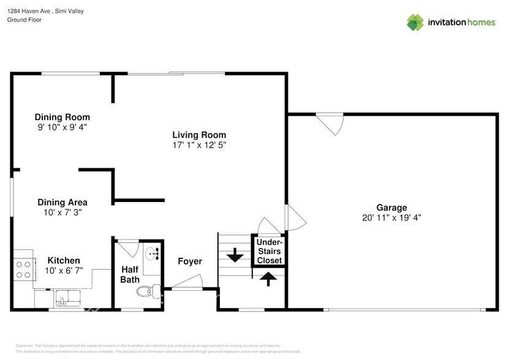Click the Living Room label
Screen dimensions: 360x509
click(199, 135)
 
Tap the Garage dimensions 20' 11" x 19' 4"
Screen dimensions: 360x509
click(391, 217)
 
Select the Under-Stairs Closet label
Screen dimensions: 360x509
click(269, 252)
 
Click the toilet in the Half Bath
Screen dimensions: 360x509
click(147, 291)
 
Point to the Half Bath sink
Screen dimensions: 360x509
click(152, 253)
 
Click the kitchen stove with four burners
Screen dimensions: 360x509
click(23, 269)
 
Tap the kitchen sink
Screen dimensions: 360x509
click(64, 298)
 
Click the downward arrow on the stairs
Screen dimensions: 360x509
click(234, 255)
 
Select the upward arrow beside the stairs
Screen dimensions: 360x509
click(268, 279)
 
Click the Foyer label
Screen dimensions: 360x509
click(190, 261)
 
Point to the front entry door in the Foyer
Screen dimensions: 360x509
click(187, 282)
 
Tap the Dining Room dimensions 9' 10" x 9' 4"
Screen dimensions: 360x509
click(62, 127)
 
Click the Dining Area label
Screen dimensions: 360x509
click(62, 202)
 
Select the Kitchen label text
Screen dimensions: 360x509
click(64, 260)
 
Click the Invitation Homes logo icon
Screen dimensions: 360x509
click(416, 22)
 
